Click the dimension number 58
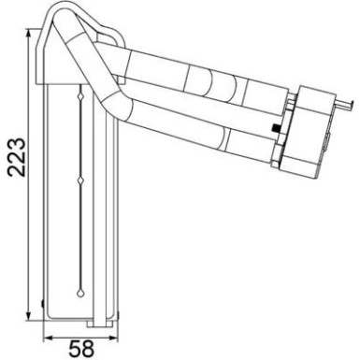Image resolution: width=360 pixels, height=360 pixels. coord(81,348)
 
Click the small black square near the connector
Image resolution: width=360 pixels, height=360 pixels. coord(274,127)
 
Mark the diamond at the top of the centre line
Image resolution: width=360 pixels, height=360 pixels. coord(79,93)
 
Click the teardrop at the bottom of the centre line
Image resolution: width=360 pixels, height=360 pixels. coord(79,285)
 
